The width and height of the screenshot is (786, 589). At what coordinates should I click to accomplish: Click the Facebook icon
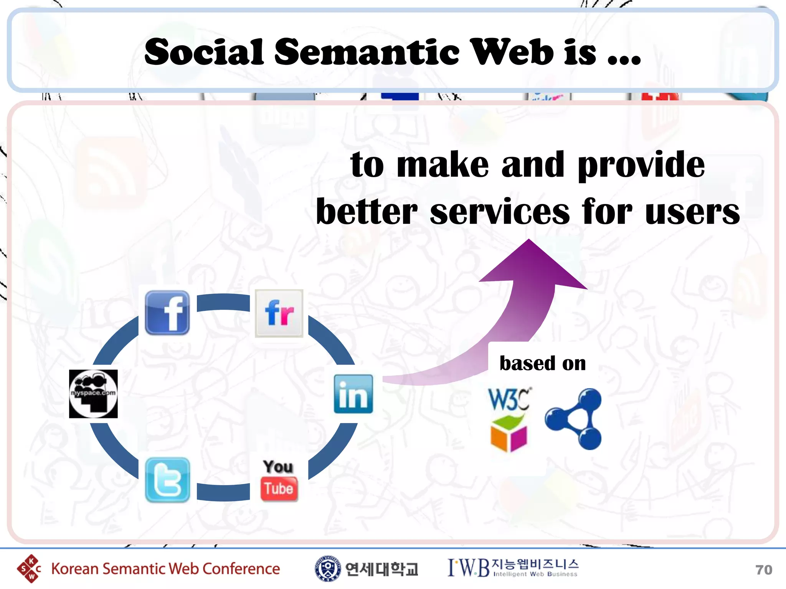(x=167, y=313)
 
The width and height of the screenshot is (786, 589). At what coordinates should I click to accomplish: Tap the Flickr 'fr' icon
(x=279, y=313)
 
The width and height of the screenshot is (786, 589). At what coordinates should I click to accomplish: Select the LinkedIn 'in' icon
(x=353, y=394)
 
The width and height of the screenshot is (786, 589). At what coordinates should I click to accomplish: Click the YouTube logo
(x=279, y=480)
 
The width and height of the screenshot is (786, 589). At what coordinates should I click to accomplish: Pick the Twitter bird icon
(x=167, y=480)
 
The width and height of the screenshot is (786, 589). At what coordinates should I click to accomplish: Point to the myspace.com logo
(x=93, y=394)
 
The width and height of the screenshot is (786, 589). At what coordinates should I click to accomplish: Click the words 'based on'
(x=542, y=363)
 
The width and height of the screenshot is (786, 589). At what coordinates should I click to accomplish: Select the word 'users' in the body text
(x=692, y=212)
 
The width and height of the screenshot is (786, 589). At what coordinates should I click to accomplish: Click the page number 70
(x=763, y=570)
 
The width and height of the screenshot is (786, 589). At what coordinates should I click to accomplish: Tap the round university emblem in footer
(x=327, y=569)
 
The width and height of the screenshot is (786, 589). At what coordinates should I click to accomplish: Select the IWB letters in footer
(x=469, y=568)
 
